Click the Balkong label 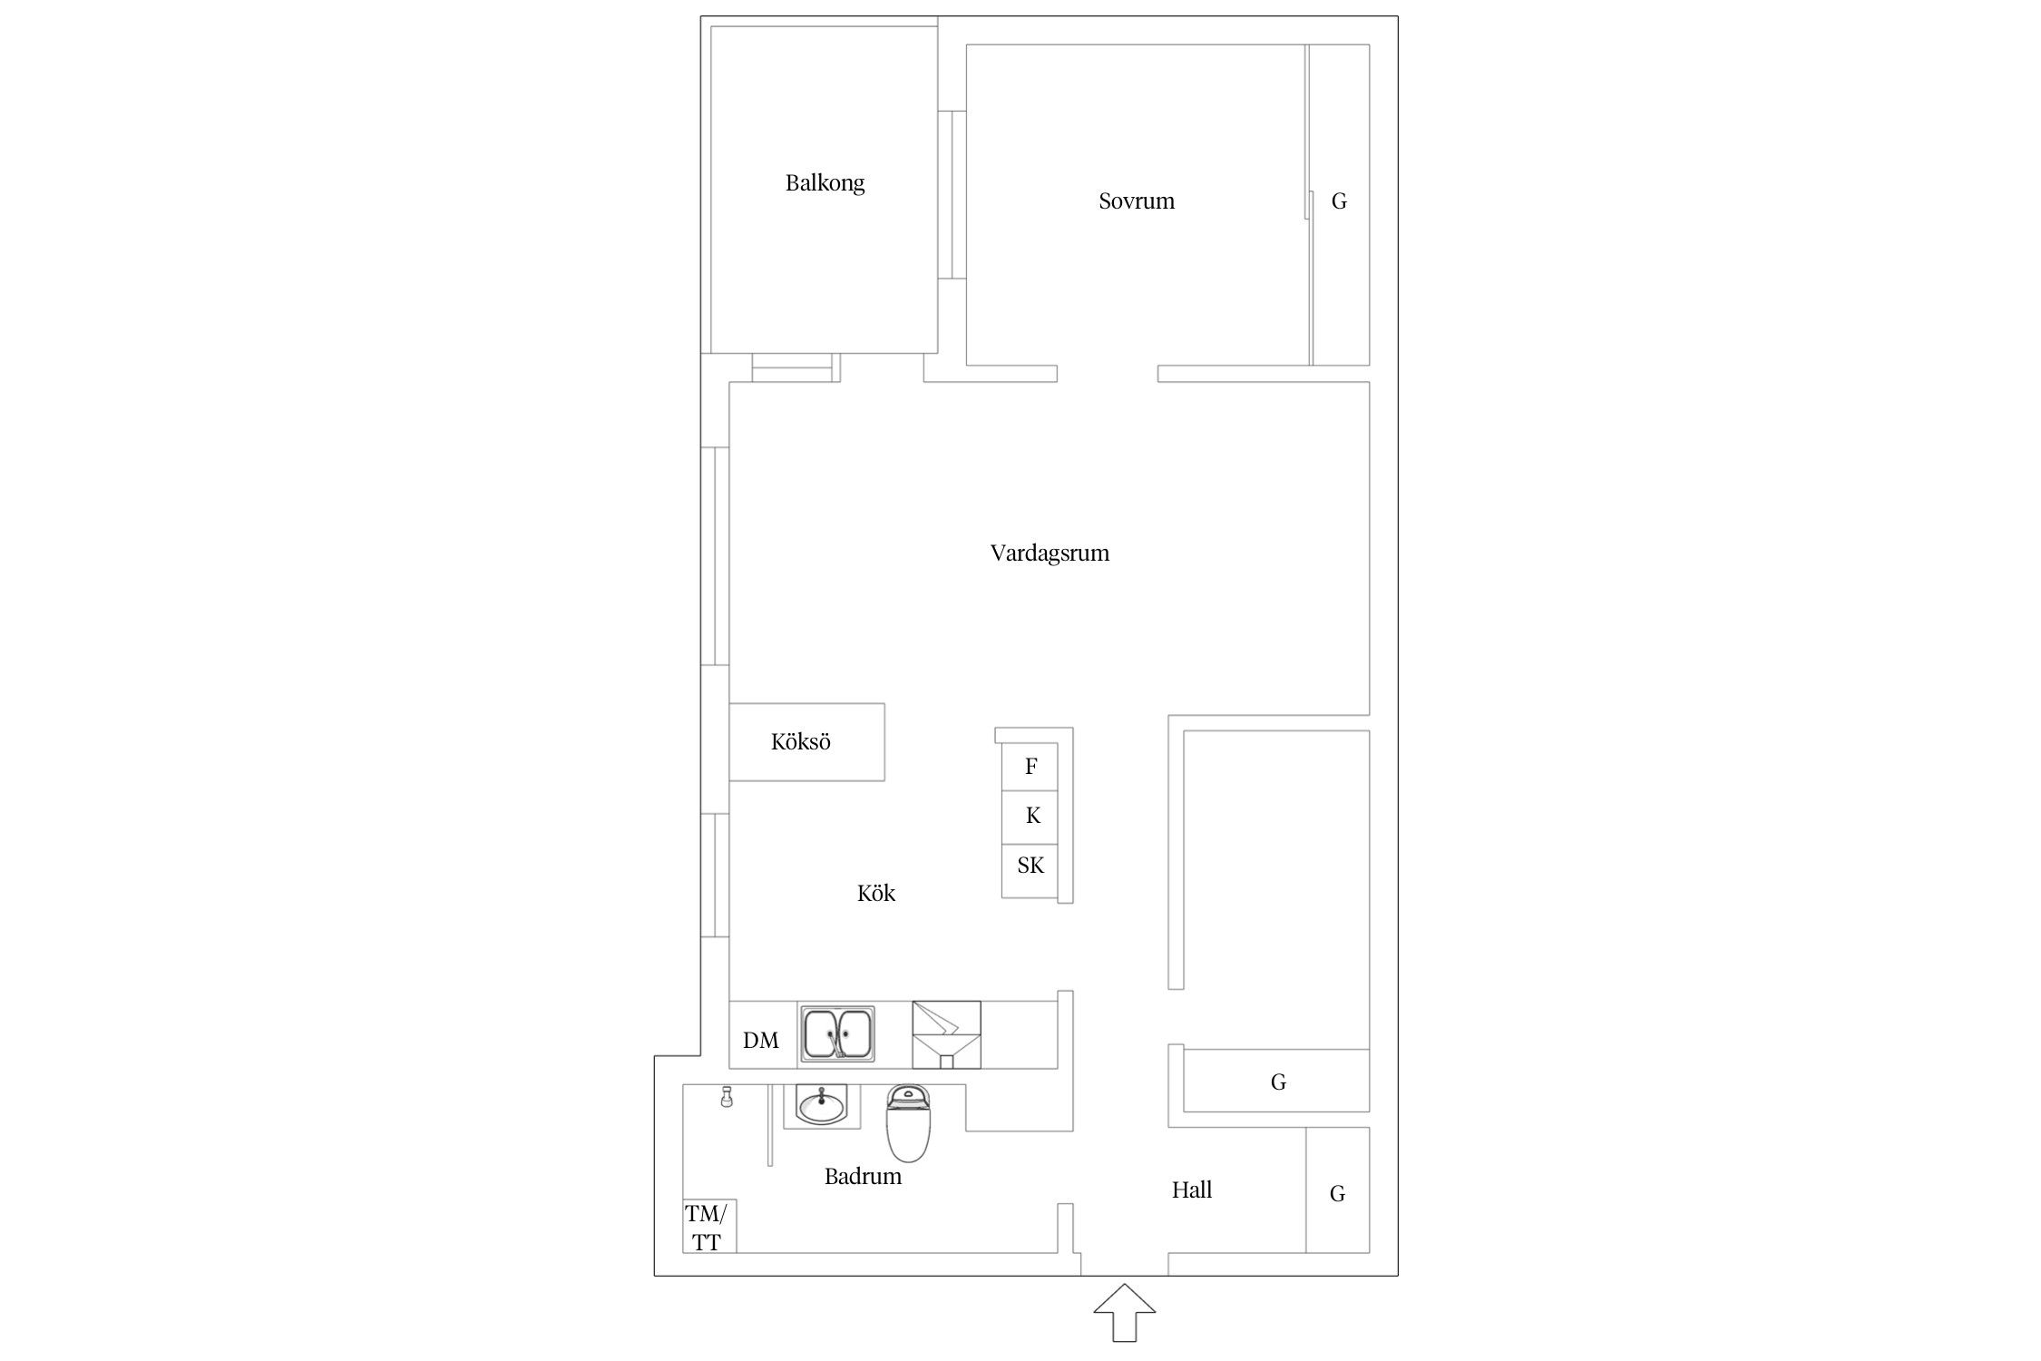pyautogui.click(x=825, y=183)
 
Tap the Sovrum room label pyautogui.click(x=1137, y=201)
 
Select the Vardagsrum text pyautogui.click(x=1050, y=553)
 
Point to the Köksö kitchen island pyautogui.click(x=806, y=741)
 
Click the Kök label pyautogui.click(x=876, y=894)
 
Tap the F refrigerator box pyautogui.click(x=1030, y=766)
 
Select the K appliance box pyautogui.click(x=1030, y=817)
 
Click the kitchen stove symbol pyautogui.click(x=946, y=1034)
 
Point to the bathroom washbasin pyautogui.click(x=822, y=1106)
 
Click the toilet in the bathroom pyautogui.click(x=908, y=1123)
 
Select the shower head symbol pyautogui.click(x=726, y=1097)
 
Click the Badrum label pyautogui.click(x=863, y=1177)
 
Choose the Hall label pyautogui.click(x=1192, y=1190)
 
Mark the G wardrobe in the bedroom pyautogui.click(x=1340, y=205)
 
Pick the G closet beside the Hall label pyautogui.click(x=1338, y=1190)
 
